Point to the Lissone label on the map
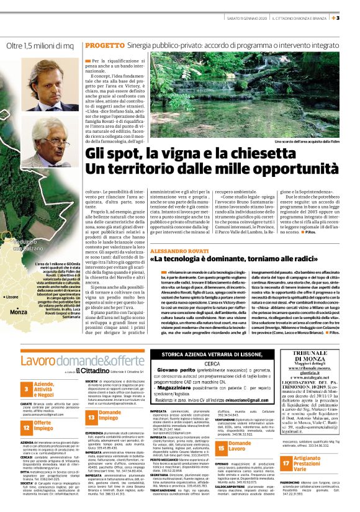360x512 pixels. click(x=12, y=297)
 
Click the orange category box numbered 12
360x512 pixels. click(x=28, y=428)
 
